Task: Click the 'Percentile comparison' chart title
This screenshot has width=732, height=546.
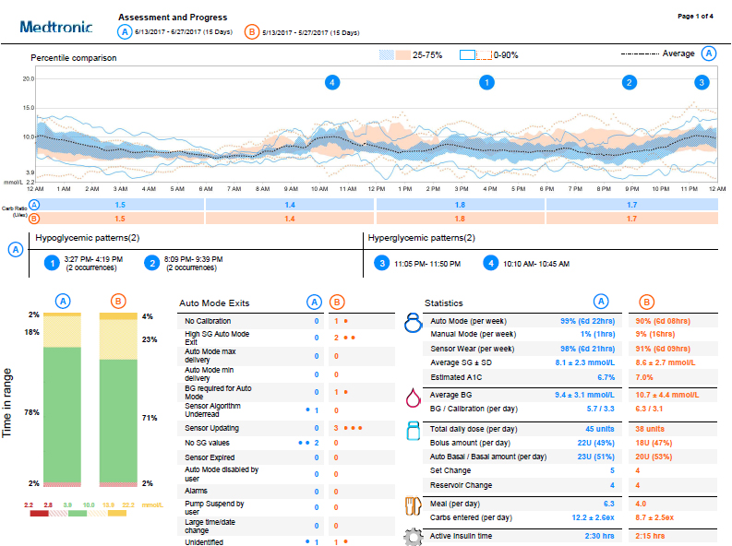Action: coord(73,58)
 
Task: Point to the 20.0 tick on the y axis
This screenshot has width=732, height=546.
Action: coord(30,79)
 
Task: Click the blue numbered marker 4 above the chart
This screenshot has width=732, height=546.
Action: coord(332,83)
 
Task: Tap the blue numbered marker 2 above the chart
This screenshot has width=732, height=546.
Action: coord(630,83)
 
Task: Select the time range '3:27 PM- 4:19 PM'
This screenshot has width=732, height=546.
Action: coord(98,259)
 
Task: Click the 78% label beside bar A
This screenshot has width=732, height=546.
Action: coord(32,413)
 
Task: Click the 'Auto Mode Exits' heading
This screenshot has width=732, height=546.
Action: coord(214,303)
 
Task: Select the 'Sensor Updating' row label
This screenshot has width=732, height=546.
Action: coord(211,428)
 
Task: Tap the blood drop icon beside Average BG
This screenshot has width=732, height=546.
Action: coord(413,398)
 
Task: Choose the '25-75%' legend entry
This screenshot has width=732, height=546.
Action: coord(426,55)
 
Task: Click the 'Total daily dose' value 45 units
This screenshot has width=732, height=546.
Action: coord(600,429)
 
